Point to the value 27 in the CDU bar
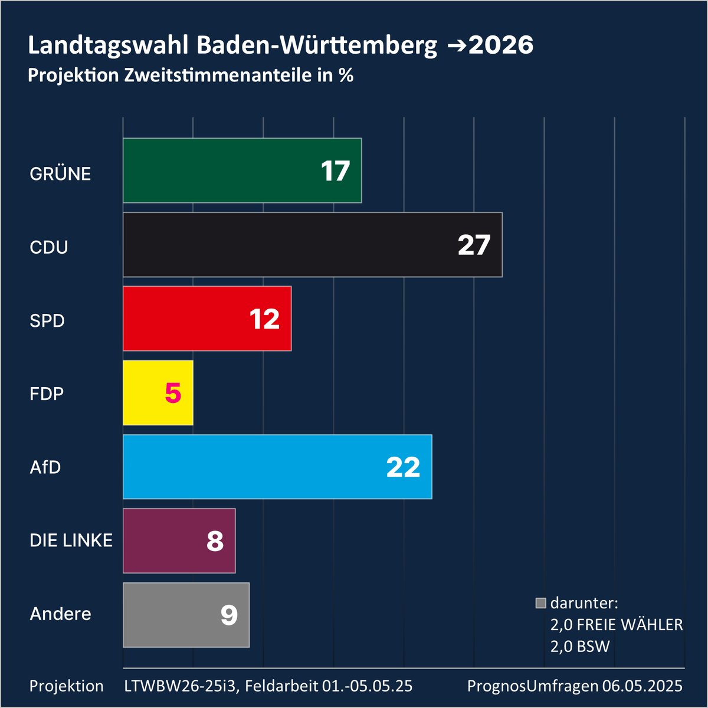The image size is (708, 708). click(474, 245)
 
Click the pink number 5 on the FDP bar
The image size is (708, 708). click(173, 393)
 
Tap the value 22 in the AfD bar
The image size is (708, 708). click(403, 467)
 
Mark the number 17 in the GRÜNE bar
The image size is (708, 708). click(335, 171)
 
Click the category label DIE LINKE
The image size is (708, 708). click(71, 540)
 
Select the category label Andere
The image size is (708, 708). click(60, 614)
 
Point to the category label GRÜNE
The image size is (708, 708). click(60, 174)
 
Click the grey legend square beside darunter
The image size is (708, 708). click(540, 604)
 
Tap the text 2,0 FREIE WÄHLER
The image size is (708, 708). click(617, 625)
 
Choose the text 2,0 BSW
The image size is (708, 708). click(580, 647)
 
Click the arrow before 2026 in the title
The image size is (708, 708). click(457, 46)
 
